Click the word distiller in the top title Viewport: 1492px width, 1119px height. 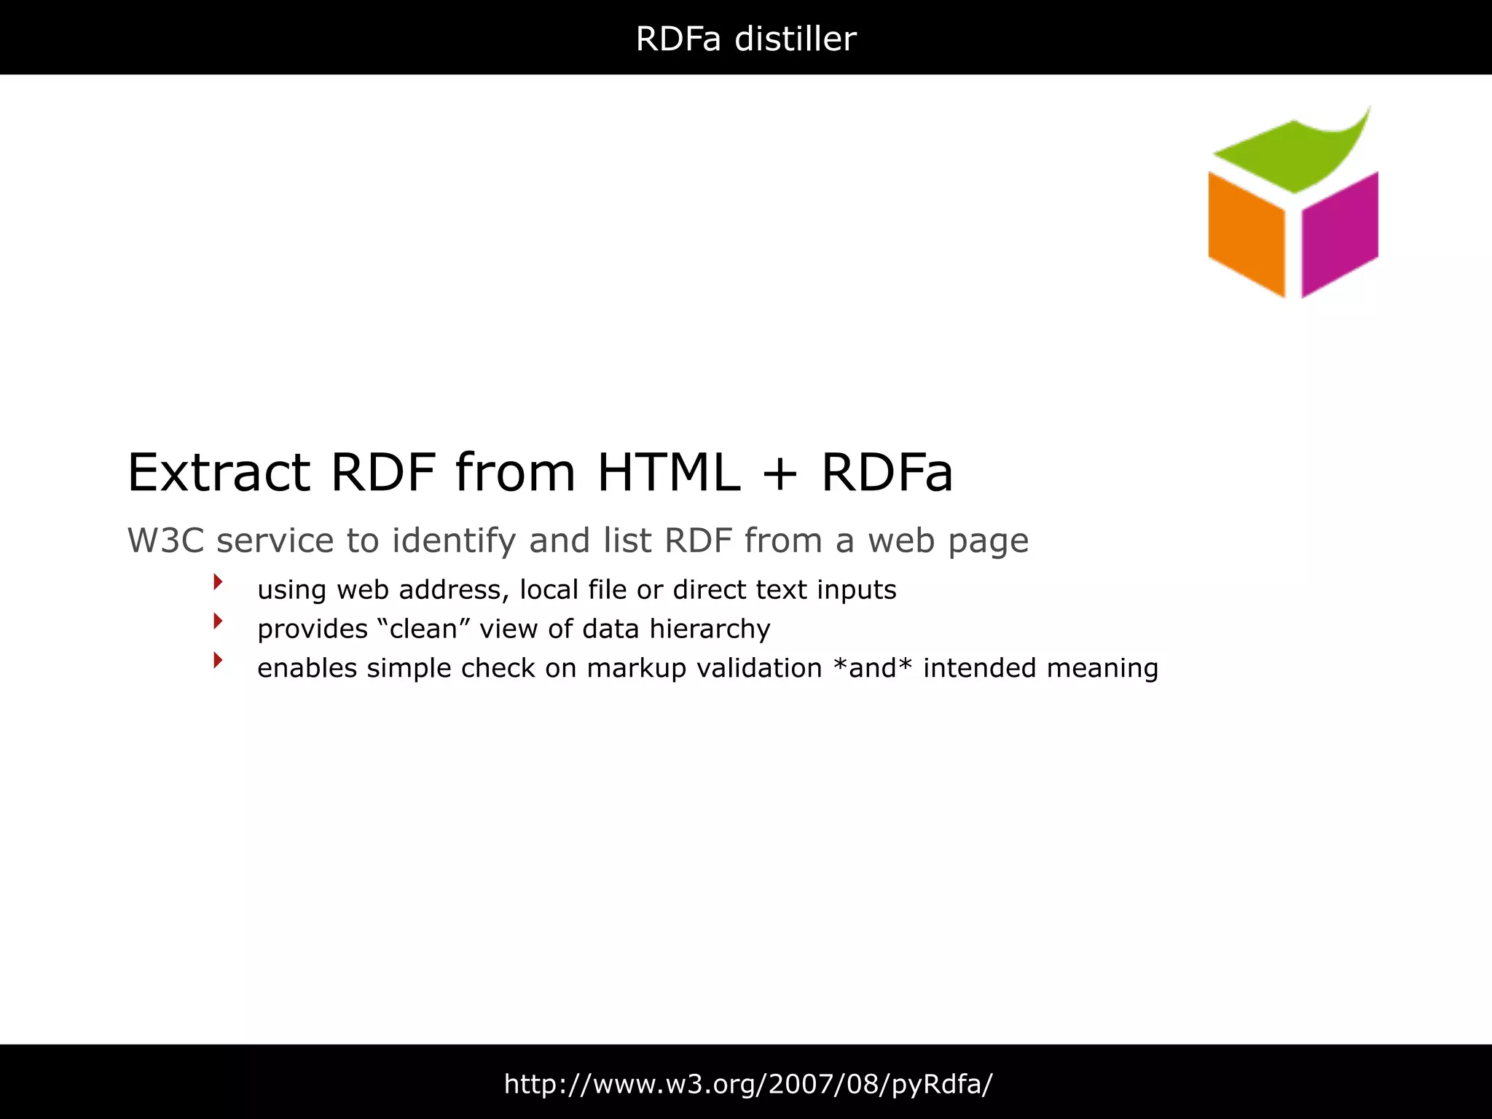click(795, 39)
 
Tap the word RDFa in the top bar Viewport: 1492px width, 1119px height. click(678, 39)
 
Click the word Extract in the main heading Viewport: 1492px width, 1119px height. click(219, 473)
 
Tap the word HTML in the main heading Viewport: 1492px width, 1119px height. click(668, 473)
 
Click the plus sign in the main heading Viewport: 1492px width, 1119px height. click(780, 474)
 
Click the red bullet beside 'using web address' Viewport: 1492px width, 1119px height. click(217, 581)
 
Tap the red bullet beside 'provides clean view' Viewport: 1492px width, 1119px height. click(217, 621)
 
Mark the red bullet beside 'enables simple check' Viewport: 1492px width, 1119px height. click(217, 660)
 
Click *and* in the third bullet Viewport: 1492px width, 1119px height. click(872, 668)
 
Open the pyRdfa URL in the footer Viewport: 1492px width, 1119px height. click(748, 1084)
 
